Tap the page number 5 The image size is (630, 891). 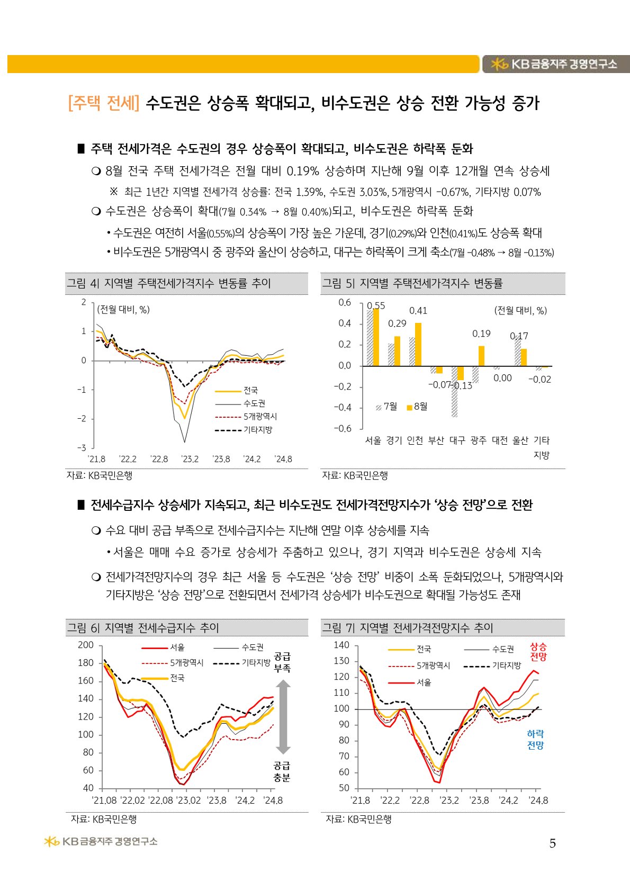click(552, 843)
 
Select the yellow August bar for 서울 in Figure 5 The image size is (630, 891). click(376, 337)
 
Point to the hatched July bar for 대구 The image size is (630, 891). click(454, 391)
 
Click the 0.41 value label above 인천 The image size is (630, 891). click(418, 311)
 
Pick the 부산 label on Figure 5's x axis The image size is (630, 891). click(436, 440)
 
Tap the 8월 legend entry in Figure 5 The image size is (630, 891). click(417, 407)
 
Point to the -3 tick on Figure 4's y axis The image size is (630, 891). click(83, 448)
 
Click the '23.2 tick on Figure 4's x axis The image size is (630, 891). click(190, 459)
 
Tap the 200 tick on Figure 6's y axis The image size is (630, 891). click(86, 645)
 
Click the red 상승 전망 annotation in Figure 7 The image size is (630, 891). click(538, 652)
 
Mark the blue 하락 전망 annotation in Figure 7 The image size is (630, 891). click(535, 740)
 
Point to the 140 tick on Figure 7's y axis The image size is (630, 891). click(341, 645)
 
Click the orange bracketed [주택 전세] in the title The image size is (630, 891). click(104, 103)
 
